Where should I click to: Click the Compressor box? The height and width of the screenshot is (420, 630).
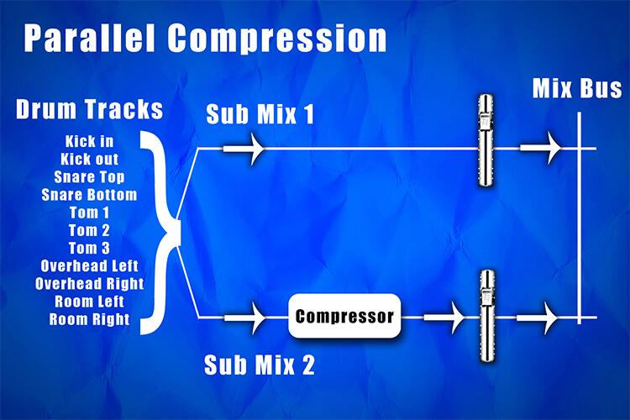(344, 317)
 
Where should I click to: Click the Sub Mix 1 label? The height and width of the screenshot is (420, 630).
(260, 115)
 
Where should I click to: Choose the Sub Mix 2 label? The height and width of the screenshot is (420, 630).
(260, 365)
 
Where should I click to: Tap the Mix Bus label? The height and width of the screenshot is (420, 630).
(577, 89)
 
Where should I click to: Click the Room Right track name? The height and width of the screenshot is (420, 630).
(89, 319)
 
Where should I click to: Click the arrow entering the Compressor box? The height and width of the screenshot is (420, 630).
(247, 318)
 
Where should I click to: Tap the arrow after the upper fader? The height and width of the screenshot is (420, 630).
(542, 149)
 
